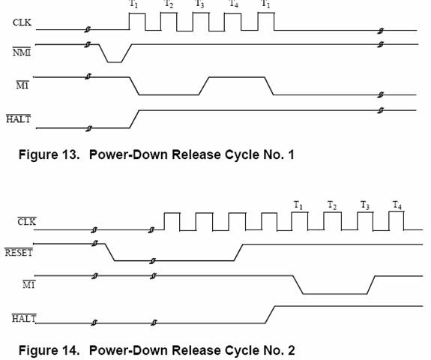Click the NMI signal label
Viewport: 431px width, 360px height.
click(22, 52)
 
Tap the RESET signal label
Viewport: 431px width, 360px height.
click(19, 253)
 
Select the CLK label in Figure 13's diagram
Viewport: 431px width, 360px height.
click(22, 22)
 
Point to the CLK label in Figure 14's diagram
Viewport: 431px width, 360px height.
click(27, 221)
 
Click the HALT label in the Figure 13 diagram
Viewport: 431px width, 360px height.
click(19, 119)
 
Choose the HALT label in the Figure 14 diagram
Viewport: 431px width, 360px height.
click(24, 318)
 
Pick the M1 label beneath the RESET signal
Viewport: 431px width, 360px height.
click(29, 285)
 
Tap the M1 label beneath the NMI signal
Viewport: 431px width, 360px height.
click(22, 85)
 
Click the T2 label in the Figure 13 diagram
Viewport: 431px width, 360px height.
click(169, 4)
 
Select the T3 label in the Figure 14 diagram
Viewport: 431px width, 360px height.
click(365, 205)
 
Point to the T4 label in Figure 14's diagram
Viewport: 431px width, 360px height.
click(397, 205)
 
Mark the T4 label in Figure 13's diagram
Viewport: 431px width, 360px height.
click(233, 4)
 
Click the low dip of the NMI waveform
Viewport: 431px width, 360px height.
click(115, 62)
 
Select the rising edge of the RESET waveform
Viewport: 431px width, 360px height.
click(238, 252)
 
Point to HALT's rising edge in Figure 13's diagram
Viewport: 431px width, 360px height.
click(135, 119)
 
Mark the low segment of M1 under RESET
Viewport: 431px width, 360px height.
click(335, 294)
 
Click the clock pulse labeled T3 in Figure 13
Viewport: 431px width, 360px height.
click(201, 22)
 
